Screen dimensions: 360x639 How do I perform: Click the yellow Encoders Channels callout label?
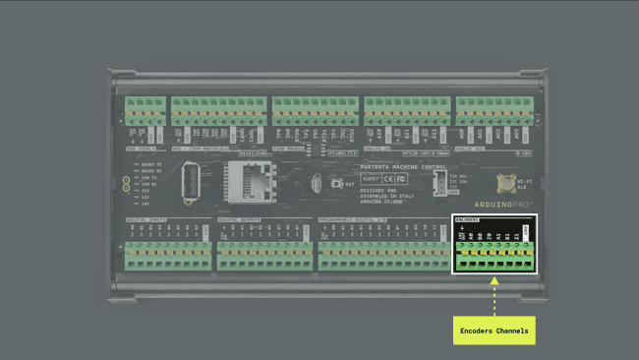tap(494, 330)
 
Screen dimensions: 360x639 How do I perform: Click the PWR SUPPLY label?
tap(143, 152)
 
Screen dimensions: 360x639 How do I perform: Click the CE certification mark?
tap(388, 179)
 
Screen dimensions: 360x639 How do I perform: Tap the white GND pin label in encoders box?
tap(526, 230)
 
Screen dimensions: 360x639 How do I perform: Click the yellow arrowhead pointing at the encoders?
tap(494, 281)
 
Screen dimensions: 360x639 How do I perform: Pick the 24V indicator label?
tap(145, 204)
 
